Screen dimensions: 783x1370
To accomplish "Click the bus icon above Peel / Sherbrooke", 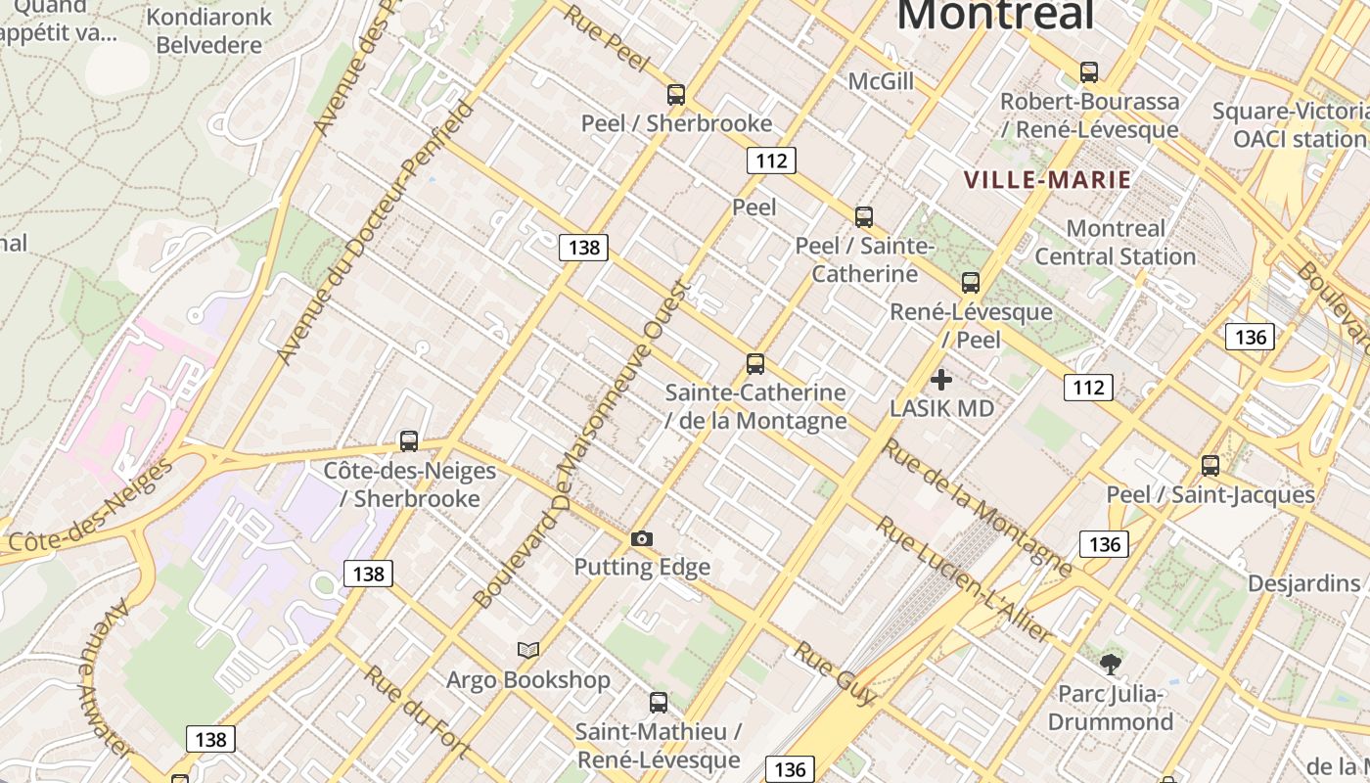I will click(675, 95).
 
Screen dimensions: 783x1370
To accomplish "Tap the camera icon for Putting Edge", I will click(642, 538).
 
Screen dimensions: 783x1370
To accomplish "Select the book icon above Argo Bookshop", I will click(528, 650).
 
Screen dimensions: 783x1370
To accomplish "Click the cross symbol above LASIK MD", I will click(941, 380).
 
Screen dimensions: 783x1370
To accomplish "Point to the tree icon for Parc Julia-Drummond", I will click(1110, 665).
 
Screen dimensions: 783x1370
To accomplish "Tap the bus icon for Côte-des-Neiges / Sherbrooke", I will click(409, 441).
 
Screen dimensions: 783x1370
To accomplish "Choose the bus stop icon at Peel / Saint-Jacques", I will click(1210, 466).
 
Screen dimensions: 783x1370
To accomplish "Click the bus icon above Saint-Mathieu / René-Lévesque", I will click(659, 703).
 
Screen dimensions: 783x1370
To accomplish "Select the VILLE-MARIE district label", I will click(1047, 180).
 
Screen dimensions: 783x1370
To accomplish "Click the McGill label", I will click(881, 81).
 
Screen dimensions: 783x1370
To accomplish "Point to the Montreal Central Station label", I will click(1116, 243).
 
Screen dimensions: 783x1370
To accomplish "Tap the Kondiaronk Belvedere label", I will click(208, 31).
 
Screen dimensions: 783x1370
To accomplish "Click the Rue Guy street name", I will click(834, 672).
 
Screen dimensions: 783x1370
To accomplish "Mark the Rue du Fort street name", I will click(417, 712).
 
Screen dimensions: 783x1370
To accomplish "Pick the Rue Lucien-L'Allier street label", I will click(964, 579).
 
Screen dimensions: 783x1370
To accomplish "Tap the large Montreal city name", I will click(994, 15).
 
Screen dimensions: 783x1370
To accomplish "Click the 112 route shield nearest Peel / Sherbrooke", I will click(771, 161).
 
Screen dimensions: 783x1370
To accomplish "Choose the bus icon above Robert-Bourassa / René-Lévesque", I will click(1088, 72).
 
